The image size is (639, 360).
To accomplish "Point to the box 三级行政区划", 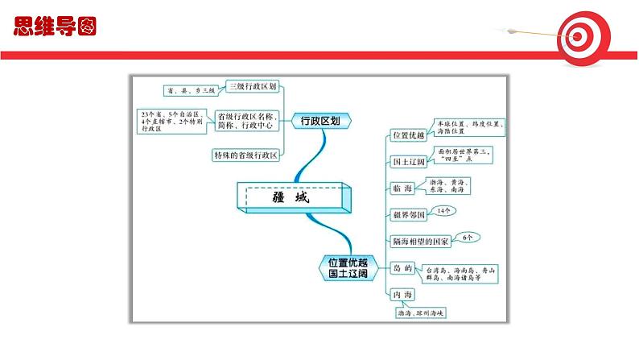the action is (x=254, y=87).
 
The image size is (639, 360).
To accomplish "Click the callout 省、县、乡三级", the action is (x=189, y=91).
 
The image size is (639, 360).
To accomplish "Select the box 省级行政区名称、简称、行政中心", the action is (x=249, y=121).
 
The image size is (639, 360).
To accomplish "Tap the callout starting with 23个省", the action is (x=170, y=122).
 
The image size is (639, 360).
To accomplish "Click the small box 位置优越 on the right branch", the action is (x=408, y=134).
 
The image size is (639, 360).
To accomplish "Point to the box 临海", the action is (x=402, y=188).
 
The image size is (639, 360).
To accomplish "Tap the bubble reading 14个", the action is (x=445, y=211).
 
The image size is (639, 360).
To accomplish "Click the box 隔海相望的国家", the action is (x=419, y=241).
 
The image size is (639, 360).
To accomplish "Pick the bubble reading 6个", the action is (x=470, y=237).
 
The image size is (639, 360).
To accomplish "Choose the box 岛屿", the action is (x=401, y=267).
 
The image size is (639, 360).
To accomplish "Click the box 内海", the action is (x=401, y=294).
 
